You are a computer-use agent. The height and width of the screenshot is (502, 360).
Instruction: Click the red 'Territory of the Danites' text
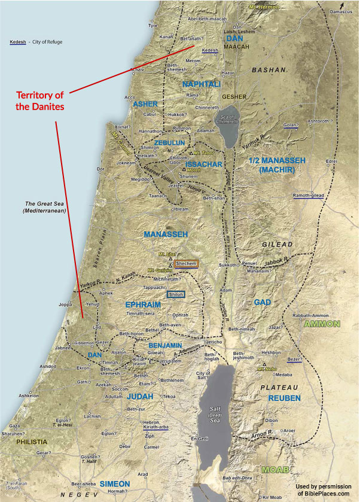coord(39,101)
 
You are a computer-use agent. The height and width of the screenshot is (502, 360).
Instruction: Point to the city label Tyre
coord(153,26)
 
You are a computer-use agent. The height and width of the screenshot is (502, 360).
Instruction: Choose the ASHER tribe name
coord(145,104)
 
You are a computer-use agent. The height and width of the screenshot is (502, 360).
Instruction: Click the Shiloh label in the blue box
coord(176,294)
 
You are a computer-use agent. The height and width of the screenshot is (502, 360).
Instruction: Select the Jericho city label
coord(213,342)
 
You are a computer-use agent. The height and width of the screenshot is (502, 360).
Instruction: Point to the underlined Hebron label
coord(151,422)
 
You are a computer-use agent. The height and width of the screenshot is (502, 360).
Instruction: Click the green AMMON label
coord(322,324)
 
